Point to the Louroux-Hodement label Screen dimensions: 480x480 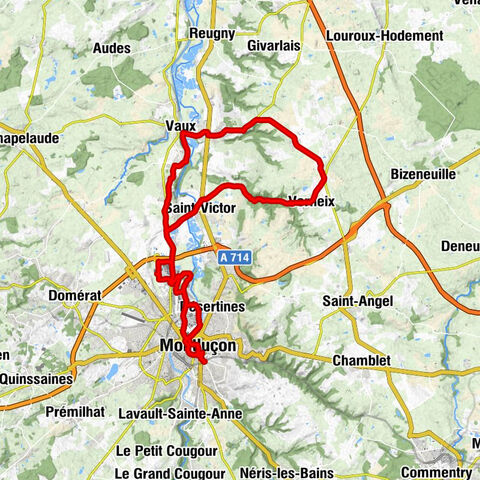point(384,35)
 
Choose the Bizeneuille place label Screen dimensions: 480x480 point(422,173)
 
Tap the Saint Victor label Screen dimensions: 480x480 point(201,208)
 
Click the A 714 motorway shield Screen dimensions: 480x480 point(234,257)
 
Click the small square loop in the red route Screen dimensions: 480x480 point(165,267)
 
